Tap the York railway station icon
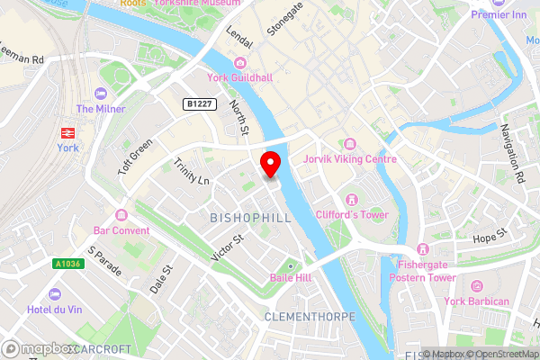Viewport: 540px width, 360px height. pyautogui.click(x=67, y=132)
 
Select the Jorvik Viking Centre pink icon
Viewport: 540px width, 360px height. pyautogui.click(x=349, y=144)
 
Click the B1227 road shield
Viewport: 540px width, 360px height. pyautogui.click(x=200, y=104)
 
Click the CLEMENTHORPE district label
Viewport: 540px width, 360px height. pyautogui.click(x=310, y=318)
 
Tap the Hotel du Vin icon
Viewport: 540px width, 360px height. pyautogui.click(x=56, y=294)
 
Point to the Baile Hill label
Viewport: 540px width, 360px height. pyautogui.click(x=291, y=278)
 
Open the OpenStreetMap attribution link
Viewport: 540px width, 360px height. pyautogui.click(x=502, y=353)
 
